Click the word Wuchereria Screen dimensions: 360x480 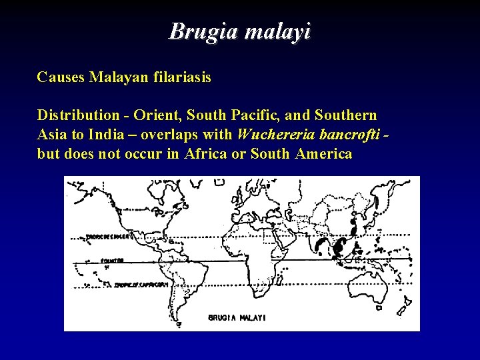pos(275,135)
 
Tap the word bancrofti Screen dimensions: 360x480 pos(351,135)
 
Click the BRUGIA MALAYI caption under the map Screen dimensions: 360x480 pos(237,318)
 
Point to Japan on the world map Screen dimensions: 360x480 pos(373,217)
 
